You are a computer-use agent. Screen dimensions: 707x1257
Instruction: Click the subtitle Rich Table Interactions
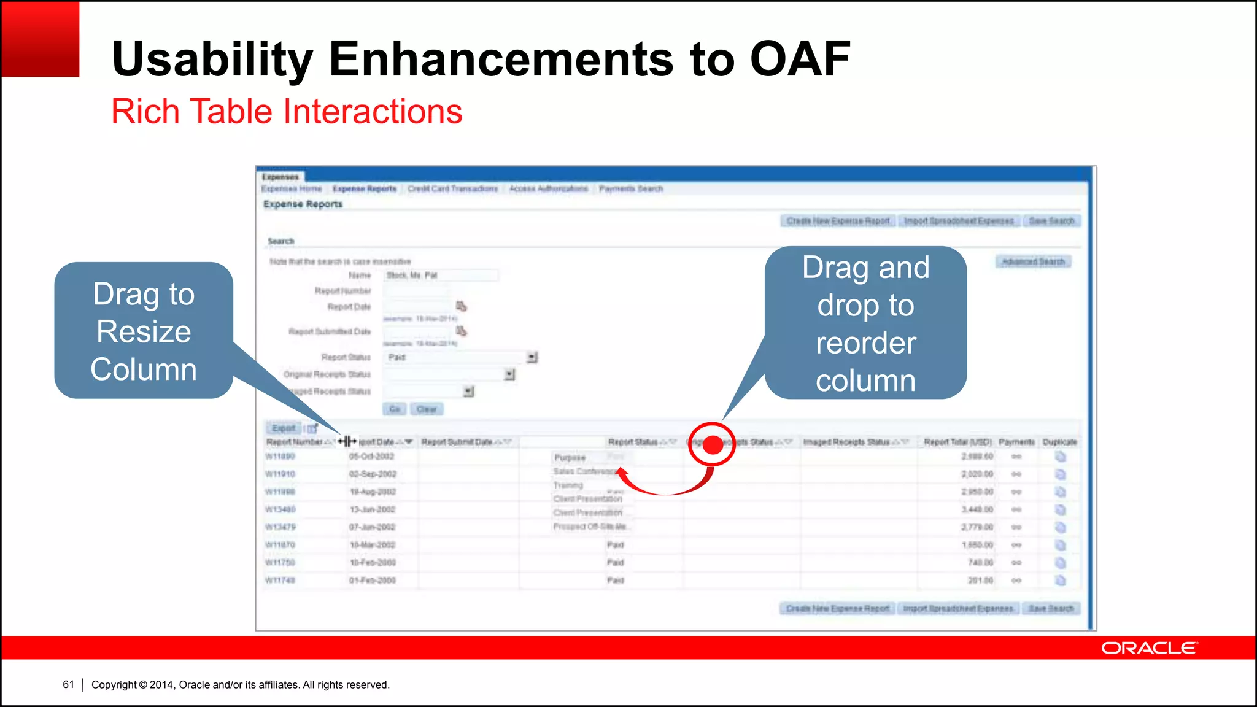(287, 112)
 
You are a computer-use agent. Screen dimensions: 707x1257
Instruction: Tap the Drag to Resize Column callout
(144, 331)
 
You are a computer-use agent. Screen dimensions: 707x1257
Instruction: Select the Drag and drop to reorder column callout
(865, 323)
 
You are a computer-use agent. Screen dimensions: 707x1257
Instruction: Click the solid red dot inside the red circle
(713, 445)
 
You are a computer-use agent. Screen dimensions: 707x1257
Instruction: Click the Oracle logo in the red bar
(1148, 648)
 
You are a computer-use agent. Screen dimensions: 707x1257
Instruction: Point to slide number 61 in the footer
(68, 684)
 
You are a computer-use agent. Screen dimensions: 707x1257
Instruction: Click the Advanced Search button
(1033, 262)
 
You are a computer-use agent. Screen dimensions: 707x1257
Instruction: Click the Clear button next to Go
(427, 409)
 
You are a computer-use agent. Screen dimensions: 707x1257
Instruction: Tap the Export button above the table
(284, 428)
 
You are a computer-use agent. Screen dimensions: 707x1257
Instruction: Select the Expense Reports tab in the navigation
(365, 189)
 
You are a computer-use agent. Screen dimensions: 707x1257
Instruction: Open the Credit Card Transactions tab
(453, 189)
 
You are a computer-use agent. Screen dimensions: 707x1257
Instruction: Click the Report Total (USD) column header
(957, 442)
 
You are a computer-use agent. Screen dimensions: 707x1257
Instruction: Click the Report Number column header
(295, 442)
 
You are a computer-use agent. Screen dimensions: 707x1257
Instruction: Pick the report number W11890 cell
(280, 457)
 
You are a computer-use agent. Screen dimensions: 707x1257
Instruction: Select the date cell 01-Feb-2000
(373, 581)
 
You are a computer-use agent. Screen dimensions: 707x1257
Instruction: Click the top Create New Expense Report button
(838, 221)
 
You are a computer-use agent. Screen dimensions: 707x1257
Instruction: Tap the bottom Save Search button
(1051, 609)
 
